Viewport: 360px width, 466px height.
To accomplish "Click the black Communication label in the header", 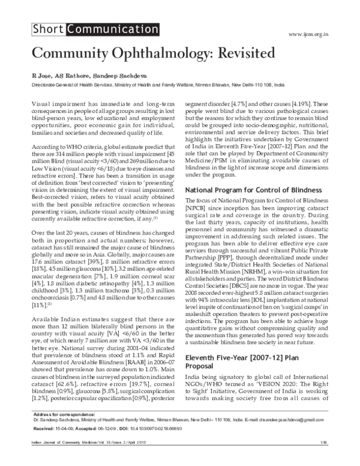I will point(98,29).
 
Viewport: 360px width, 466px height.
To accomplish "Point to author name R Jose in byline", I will point(41,77).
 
